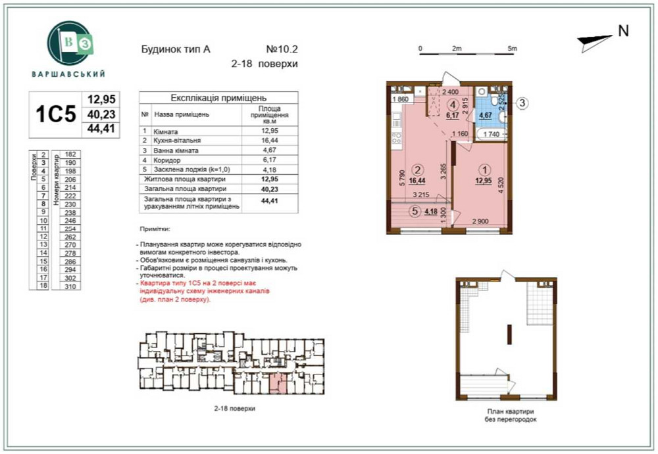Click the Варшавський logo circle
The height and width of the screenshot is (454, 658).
68,42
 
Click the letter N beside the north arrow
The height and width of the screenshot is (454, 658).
623,30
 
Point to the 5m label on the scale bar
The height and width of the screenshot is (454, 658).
513,49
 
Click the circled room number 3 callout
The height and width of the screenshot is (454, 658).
520,102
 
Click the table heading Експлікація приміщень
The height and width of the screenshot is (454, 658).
218,97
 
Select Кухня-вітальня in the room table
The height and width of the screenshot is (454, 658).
178,141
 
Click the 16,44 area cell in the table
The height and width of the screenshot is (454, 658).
269,141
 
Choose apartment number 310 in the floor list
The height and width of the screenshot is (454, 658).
70,286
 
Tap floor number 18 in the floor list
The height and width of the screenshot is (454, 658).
43,286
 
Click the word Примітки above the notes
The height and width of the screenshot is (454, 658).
155,231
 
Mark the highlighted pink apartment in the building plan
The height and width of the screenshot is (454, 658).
279,381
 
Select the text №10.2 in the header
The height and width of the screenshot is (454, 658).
282,49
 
